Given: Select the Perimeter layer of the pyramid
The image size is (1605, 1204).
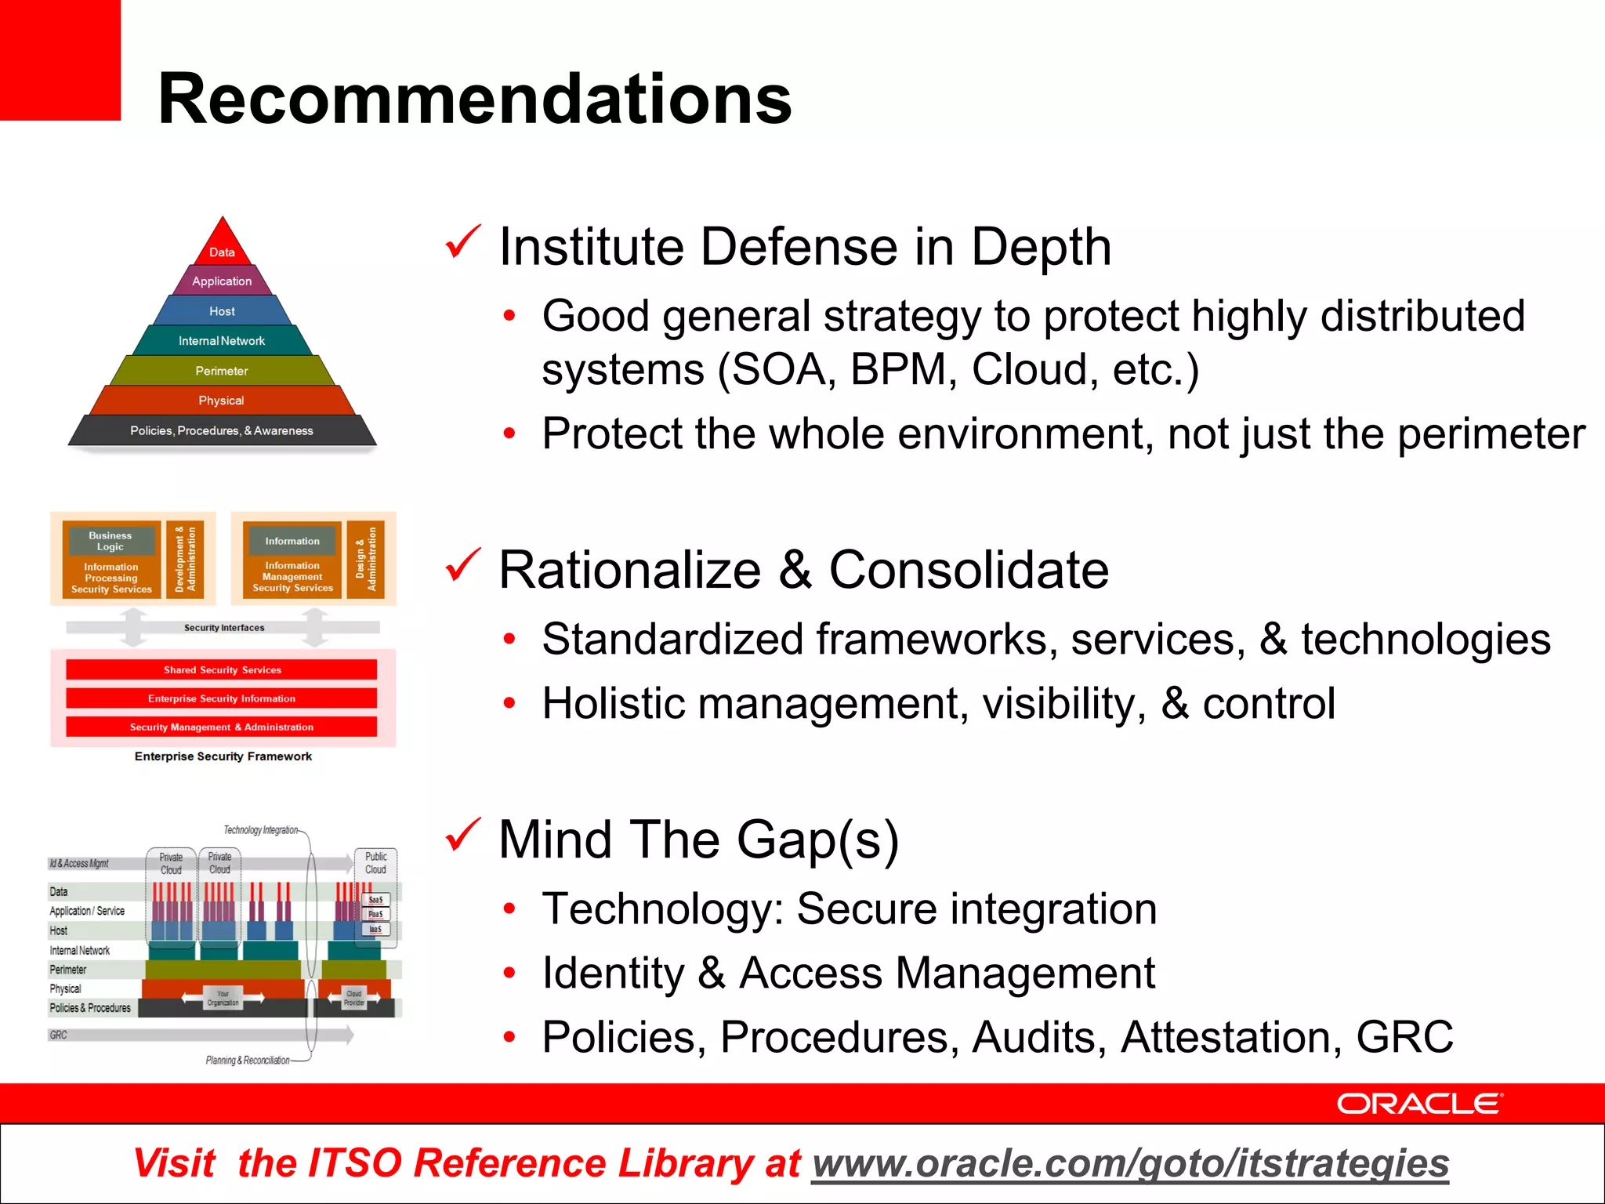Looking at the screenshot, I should pos(222,371).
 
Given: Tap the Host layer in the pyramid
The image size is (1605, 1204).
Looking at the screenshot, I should pos(222,311).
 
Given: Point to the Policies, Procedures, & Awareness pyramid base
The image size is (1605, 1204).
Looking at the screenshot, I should pos(222,430).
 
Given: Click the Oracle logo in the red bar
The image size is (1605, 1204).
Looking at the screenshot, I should pos(1419,1104).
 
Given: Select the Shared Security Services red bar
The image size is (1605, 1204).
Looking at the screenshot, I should pos(222,669).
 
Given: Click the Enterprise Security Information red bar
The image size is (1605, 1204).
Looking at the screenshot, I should pos(222,698).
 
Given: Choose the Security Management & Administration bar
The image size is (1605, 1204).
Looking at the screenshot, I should pos(222,727).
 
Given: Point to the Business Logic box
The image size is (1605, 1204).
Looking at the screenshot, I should pos(111,541).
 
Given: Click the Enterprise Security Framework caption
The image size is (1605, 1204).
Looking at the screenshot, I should pos(223,756).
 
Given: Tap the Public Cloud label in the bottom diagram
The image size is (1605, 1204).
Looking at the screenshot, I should pos(376,863).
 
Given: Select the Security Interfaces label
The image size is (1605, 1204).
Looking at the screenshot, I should pos(224,628).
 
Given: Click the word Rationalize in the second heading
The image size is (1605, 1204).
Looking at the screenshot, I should pos(630,570).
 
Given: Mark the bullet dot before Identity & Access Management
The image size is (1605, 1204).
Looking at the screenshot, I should pos(509,974).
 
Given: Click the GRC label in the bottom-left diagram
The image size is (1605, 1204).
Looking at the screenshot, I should pos(59,1035).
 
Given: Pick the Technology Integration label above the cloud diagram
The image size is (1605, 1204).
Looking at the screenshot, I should pos(260,830).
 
